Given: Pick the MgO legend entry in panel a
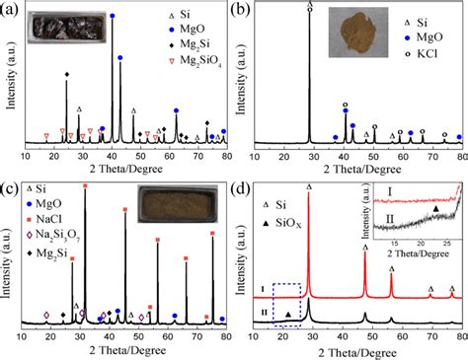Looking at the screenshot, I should tap(188, 31).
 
